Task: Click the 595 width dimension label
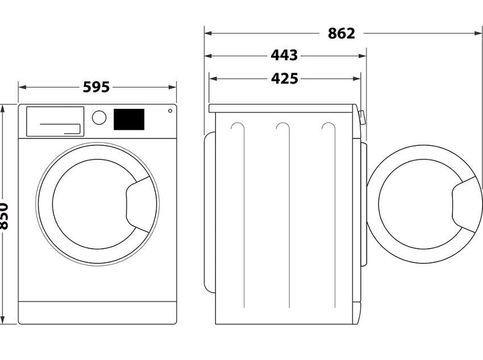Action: click(96, 87)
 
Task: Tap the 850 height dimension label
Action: click(4, 216)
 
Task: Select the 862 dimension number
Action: click(342, 34)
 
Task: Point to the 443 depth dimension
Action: click(284, 56)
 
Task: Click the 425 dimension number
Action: click(285, 78)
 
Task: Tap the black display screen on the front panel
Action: click(129, 119)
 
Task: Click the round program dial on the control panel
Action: click(99, 117)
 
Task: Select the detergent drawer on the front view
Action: click(55, 122)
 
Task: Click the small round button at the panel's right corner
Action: click(170, 111)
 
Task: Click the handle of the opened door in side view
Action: click(466, 204)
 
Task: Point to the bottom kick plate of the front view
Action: click(97, 312)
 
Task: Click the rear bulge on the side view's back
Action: click(210, 212)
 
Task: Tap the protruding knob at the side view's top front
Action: click(363, 118)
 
